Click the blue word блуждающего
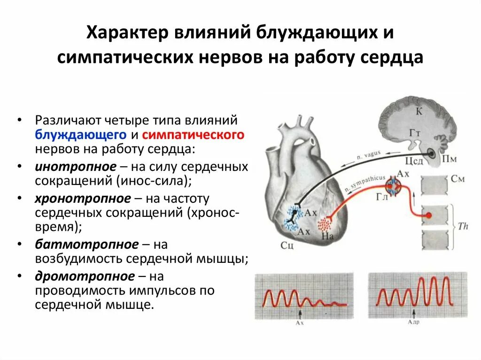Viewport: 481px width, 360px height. [80, 135]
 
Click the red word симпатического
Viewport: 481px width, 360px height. [193, 135]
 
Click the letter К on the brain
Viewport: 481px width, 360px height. [419, 111]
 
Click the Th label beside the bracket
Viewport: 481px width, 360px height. [463, 226]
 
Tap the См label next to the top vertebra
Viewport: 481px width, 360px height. [458, 179]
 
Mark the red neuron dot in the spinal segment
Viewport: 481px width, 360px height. [428, 216]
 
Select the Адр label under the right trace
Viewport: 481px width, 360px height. [413, 322]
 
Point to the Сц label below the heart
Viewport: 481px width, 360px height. [287, 245]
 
